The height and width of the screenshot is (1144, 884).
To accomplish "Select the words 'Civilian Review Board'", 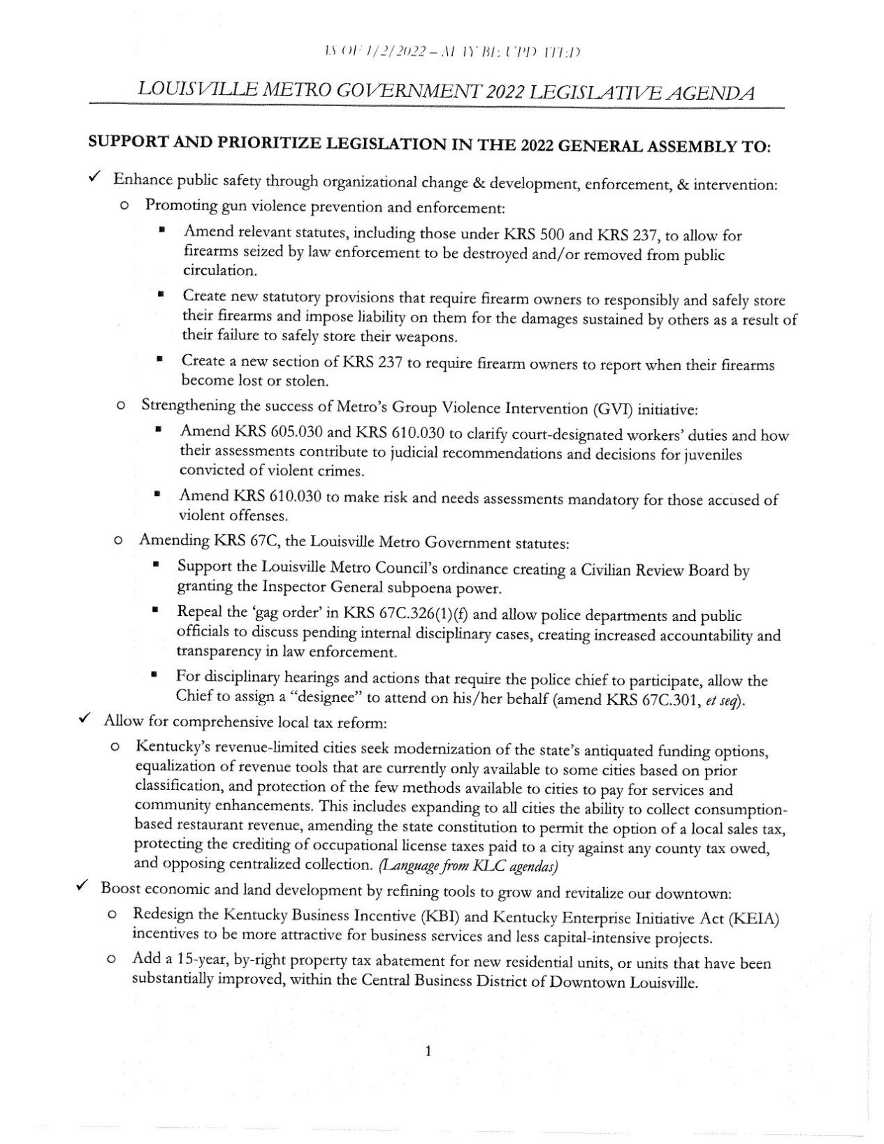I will pos(653,570).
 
